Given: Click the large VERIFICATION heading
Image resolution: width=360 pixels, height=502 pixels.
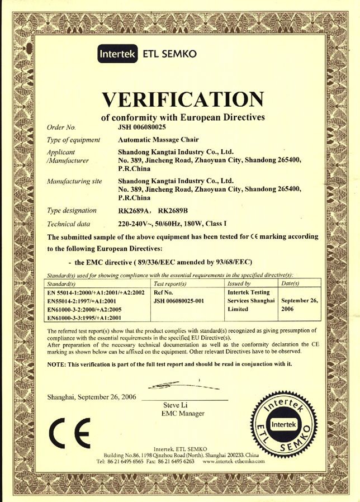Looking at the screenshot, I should (183, 100).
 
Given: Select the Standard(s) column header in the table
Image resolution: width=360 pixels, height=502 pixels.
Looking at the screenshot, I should (61, 284).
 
